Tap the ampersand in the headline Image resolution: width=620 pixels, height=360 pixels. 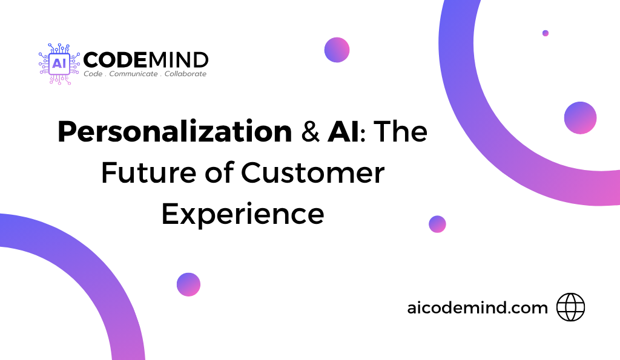tap(311, 131)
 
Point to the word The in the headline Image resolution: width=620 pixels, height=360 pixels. tap(401, 131)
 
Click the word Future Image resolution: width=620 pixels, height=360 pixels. tap(149, 172)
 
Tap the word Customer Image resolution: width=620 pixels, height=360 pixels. tap(313, 172)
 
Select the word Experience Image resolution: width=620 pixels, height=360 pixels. tap(243, 215)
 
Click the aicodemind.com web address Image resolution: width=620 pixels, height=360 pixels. tap(477, 308)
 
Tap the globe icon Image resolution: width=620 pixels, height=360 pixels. tap(570, 307)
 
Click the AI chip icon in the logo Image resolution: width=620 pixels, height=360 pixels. tap(59, 64)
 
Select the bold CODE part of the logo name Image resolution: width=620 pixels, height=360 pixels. tap(115, 60)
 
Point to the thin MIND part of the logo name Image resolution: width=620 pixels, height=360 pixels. tap(177, 60)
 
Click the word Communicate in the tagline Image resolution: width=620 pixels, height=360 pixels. tap(133, 74)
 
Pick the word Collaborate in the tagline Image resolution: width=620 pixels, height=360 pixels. tap(185, 74)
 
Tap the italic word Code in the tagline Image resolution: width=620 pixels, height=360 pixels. tap(93, 74)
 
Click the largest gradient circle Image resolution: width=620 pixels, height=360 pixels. tap(580, 118)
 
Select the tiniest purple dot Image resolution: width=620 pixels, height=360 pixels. tap(546, 33)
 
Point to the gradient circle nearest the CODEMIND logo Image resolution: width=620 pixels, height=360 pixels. tap(337, 50)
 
